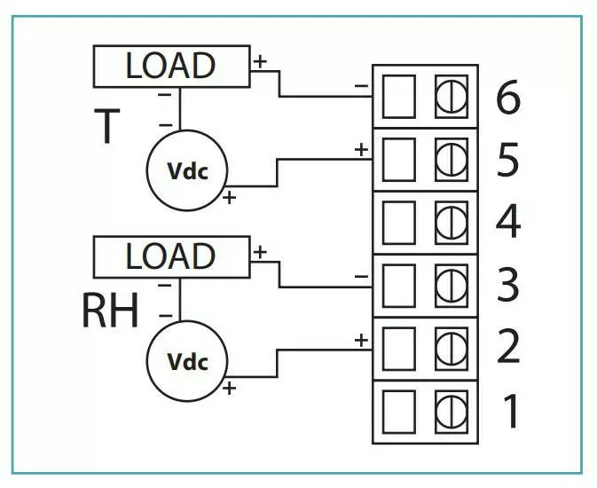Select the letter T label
(106, 127)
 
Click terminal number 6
(507, 98)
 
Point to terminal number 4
(507, 222)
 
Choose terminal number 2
(507, 347)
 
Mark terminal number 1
(511, 410)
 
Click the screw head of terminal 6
(451, 97)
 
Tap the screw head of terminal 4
(451, 222)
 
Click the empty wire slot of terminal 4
(398, 222)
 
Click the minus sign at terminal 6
(361, 86)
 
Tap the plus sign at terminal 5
(361, 149)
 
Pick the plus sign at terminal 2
(361, 339)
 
